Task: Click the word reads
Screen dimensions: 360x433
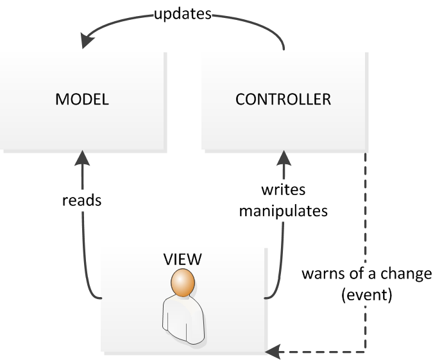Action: coord(82,200)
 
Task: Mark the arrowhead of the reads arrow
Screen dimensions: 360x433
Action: coord(83,156)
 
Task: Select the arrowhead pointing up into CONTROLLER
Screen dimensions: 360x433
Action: coord(283,156)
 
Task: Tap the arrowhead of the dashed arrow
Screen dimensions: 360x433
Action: coord(272,351)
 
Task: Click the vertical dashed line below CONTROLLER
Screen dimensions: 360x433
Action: coord(366,212)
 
